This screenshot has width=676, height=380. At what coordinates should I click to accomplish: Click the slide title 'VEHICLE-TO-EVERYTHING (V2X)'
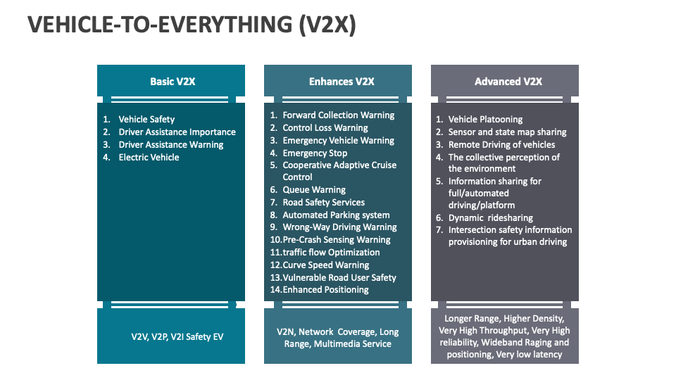[192, 25]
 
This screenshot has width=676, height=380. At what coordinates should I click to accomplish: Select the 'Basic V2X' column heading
[172, 82]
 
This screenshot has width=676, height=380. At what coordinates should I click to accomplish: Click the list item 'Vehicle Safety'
[146, 120]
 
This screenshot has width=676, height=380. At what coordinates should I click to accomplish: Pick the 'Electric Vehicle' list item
[149, 158]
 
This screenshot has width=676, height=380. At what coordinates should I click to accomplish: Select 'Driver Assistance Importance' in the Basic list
[177, 132]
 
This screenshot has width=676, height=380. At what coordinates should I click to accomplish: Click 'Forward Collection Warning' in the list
[338, 115]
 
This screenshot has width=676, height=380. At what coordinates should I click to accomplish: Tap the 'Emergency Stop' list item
[315, 153]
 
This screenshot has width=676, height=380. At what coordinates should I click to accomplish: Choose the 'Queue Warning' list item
[314, 190]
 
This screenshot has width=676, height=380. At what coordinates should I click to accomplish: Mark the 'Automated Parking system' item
[336, 215]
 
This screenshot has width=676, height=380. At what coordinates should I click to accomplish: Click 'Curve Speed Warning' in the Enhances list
[325, 265]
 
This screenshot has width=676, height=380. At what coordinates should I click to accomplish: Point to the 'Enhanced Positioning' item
[325, 290]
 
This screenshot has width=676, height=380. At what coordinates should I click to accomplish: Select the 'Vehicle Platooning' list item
[485, 120]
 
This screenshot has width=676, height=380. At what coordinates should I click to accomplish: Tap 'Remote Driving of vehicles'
[501, 145]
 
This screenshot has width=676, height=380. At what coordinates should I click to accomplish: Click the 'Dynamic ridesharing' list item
[490, 218]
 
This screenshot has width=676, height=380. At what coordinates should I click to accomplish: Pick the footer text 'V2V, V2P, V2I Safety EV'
[177, 337]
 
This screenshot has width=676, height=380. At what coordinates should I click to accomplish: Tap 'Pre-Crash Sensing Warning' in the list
[336, 240]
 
